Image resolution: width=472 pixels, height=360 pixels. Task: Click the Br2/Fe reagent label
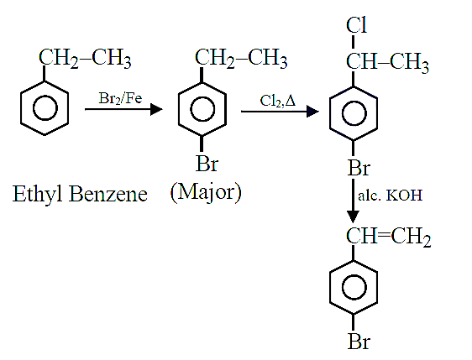(x=120, y=98)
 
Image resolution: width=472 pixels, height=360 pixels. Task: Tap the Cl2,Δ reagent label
(x=278, y=101)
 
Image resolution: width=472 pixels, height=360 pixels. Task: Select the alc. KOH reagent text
(x=391, y=196)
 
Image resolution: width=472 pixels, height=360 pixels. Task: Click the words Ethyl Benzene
(x=80, y=194)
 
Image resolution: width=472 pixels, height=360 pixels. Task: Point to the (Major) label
(x=206, y=192)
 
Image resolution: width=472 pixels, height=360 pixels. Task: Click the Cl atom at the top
(x=357, y=25)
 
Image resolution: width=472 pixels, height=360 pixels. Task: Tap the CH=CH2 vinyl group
(x=388, y=237)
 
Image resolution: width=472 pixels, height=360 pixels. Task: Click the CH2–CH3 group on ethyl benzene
(x=85, y=58)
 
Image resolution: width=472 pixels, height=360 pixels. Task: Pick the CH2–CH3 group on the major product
(x=241, y=58)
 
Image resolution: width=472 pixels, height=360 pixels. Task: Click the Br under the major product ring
(x=207, y=164)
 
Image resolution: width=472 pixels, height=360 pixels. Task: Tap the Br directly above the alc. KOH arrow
(x=359, y=168)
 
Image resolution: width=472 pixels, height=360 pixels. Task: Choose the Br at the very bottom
(x=359, y=342)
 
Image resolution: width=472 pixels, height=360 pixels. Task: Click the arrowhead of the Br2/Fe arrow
(x=156, y=109)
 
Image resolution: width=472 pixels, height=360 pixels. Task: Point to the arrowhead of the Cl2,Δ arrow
(x=312, y=112)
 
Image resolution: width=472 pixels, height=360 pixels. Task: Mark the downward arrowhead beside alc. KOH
(x=353, y=217)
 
